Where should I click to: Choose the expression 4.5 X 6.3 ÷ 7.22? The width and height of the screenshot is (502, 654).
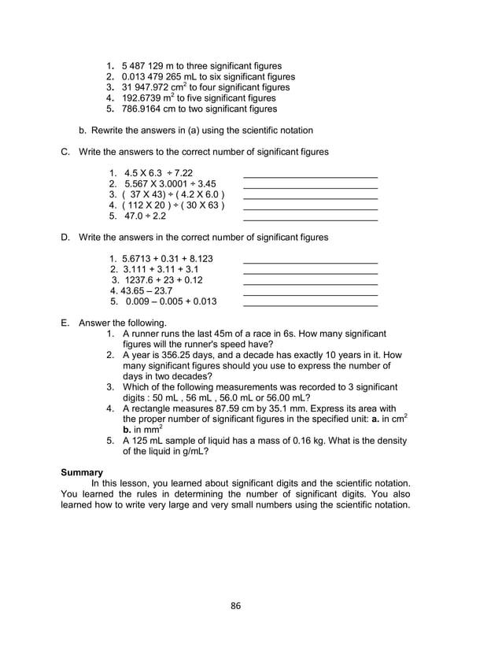pos(158,173)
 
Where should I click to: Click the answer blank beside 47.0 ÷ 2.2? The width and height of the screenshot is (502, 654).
pos(310,219)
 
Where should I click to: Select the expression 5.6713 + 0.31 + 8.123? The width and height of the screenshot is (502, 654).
pos(168,258)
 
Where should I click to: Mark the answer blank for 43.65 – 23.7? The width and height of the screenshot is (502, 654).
pos(310,293)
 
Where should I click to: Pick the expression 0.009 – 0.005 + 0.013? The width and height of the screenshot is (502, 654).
pos(169,301)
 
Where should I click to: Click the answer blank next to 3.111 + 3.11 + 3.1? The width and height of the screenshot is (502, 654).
pos(310,272)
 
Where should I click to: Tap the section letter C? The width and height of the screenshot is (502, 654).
pos(66,151)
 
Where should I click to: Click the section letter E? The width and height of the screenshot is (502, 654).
pos(66,323)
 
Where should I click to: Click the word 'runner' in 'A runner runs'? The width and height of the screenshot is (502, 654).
pos(149,334)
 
